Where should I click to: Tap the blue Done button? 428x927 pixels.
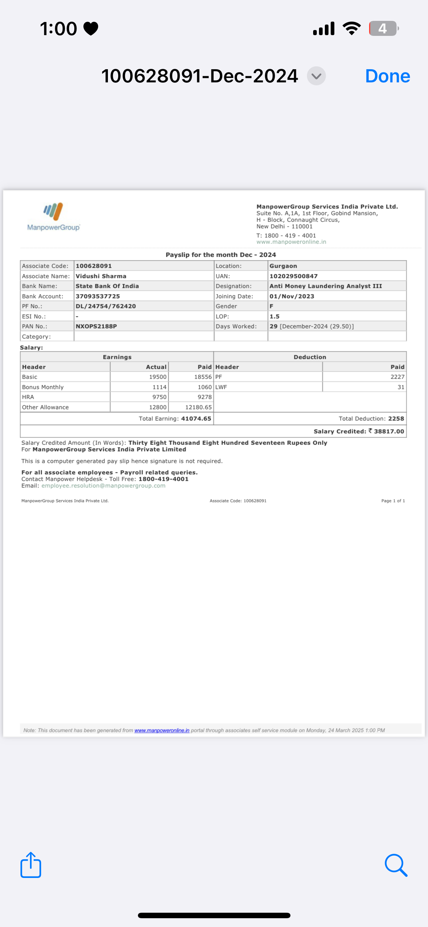pos(387,76)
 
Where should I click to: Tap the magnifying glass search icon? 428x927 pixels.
pos(396,865)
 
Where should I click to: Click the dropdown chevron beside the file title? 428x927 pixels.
pos(316,76)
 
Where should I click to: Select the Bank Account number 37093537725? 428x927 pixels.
pos(98,296)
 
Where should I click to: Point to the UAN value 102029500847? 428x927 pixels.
pos(293,276)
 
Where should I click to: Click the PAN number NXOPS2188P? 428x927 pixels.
pos(96,326)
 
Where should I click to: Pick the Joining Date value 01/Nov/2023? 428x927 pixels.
pos(292,296)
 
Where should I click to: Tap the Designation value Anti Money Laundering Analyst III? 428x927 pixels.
pos(326,286)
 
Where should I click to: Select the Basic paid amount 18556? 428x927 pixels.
pos(203,377)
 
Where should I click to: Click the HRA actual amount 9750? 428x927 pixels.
pos(159,397)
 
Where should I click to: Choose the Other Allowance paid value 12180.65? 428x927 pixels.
pos(198,407)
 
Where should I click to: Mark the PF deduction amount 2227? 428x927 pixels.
pos(397,377)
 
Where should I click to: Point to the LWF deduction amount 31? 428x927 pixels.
pos(401,387)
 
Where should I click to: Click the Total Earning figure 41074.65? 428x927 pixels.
pos(196,418)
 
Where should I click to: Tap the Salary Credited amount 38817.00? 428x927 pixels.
pos(388,431)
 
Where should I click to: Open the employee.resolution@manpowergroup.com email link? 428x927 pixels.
pos(103,486)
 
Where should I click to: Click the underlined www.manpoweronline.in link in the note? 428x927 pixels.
pos(162,730)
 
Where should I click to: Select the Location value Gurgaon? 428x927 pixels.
pos(283,266)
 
